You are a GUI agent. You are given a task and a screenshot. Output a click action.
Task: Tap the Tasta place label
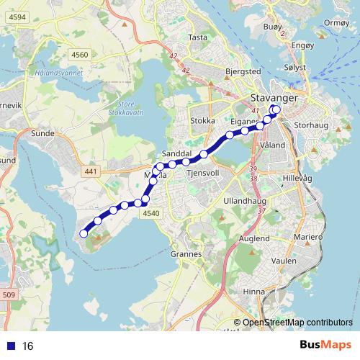(x=197, y=37)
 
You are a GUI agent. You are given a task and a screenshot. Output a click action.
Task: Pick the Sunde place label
(x=44, y=133)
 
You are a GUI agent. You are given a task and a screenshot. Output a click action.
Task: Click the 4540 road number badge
(x=150, y=213)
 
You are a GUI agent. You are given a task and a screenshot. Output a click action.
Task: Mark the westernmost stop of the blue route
(x=84, y=233)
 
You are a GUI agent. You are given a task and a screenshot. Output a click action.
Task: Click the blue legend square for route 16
(x=11, y=346)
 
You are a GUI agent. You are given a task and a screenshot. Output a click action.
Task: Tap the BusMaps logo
(x=325, y=345)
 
